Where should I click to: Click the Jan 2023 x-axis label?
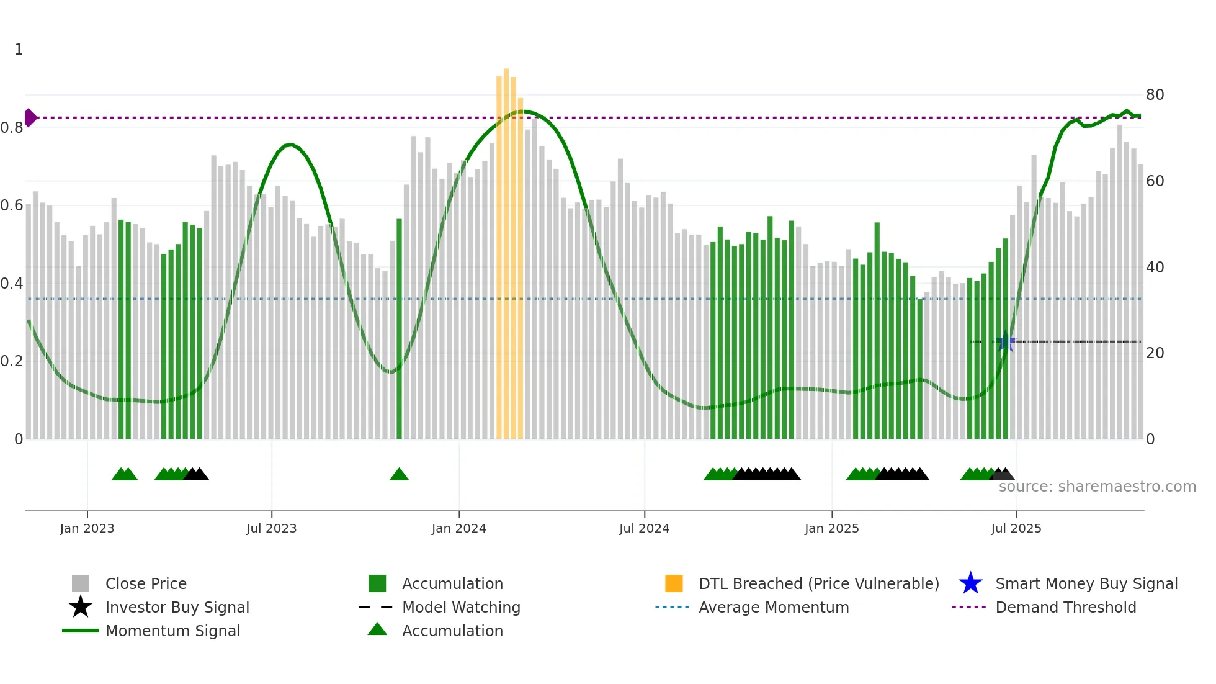point(87,529)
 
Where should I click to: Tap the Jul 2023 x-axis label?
point(271,529)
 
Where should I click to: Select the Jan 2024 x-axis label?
point(458,529)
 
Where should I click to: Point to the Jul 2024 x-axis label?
point(644,529)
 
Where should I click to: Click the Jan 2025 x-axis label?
point(831,529)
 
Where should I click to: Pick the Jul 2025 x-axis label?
point(1016,529)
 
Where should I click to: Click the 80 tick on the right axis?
point(1155,95)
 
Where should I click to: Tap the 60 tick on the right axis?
point(1155,181)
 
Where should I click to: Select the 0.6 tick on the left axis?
point(12,205)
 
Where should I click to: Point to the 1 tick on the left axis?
point(19,50)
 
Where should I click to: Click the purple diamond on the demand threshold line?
point(30,117)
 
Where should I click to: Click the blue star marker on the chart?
point(1005,341)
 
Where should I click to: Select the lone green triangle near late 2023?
point(399,475)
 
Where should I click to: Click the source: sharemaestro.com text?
point(1097,487)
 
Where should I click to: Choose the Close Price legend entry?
point(145,584)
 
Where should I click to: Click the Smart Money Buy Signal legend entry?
point(1086,584)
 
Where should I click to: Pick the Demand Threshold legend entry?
point(1065,608)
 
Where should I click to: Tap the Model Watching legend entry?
point(460,608)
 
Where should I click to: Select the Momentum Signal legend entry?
point(172,631)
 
